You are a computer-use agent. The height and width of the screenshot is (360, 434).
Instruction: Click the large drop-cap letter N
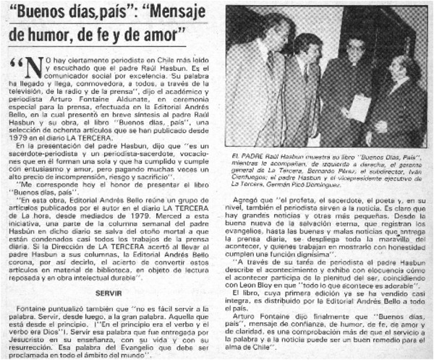[34, 69]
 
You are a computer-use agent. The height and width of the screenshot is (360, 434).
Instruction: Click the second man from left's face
[307, 48]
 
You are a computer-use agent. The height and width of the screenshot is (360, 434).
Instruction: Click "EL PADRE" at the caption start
[244, 155]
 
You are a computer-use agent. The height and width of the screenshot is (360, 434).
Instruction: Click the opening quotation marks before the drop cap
[16, 64]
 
